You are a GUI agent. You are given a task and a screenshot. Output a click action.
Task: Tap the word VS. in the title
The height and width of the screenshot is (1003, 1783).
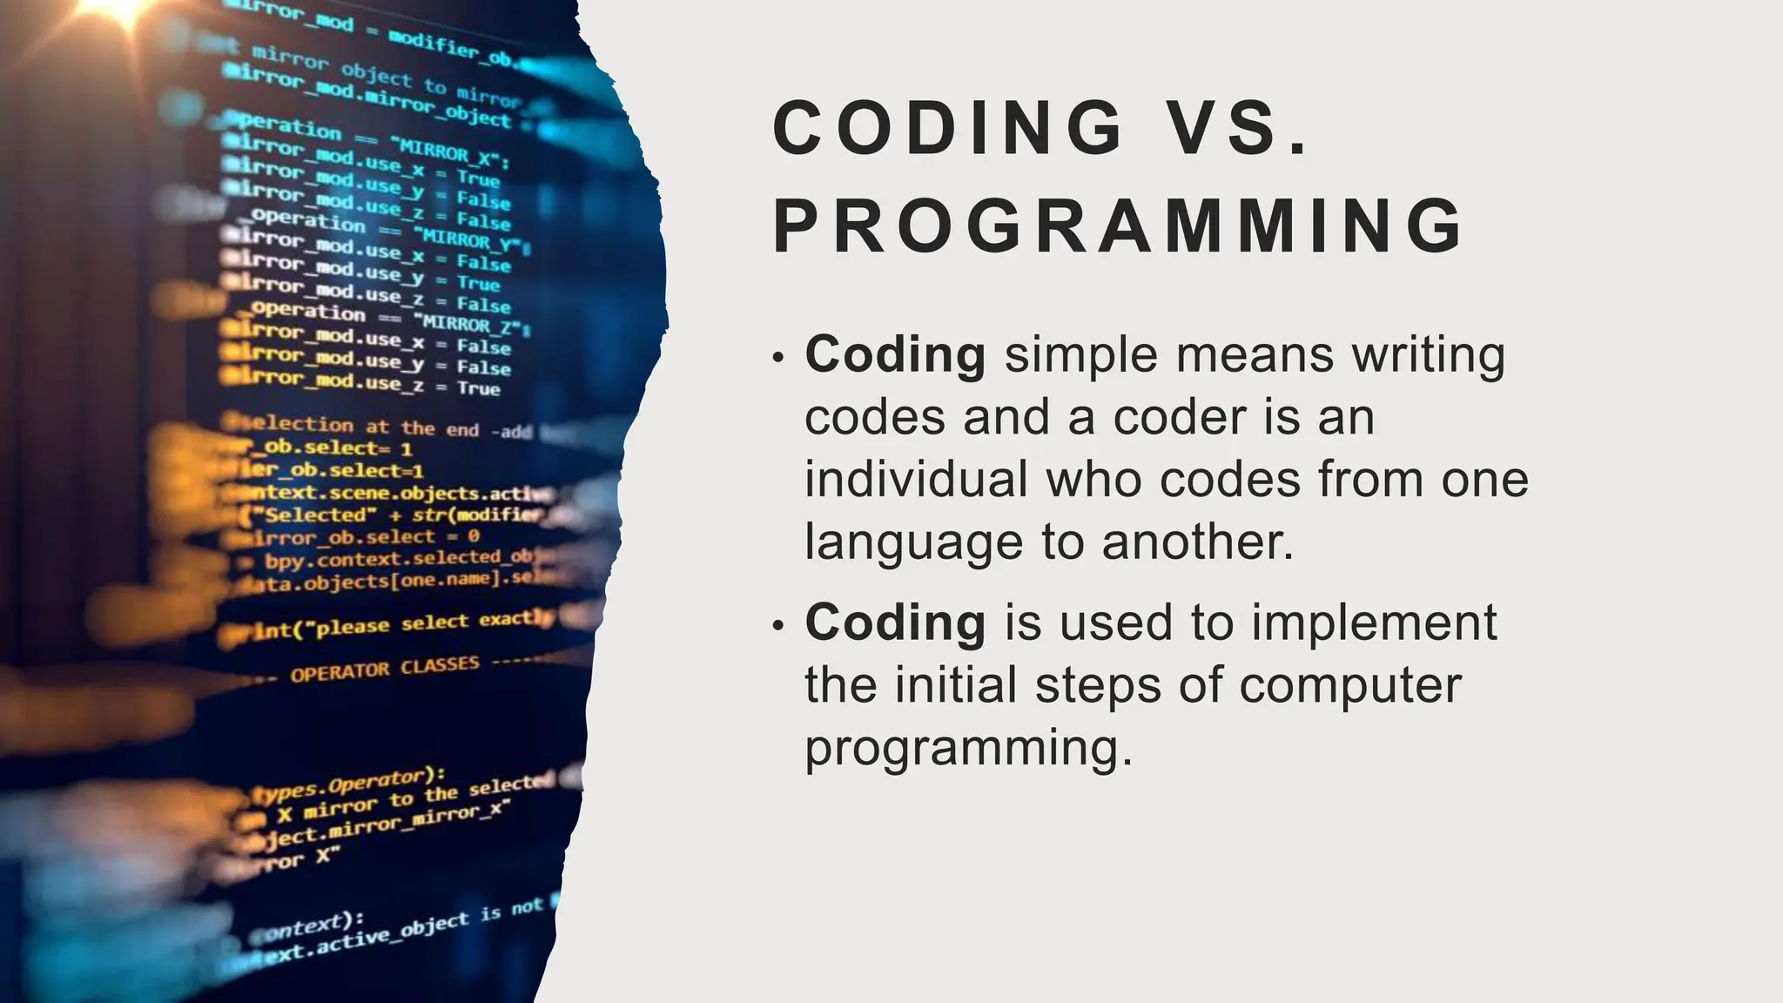1237,128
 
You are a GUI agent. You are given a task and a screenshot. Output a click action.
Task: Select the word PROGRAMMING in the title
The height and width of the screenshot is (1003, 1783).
1118,226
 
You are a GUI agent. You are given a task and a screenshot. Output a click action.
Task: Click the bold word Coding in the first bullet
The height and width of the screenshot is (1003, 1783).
895,354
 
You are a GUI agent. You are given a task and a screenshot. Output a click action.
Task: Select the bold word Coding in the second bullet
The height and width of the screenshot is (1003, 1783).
895,622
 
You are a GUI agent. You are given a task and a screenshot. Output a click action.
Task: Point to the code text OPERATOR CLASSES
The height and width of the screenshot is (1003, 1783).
385,669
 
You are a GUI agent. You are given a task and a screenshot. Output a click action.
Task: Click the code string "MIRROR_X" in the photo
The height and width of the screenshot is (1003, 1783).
453,154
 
